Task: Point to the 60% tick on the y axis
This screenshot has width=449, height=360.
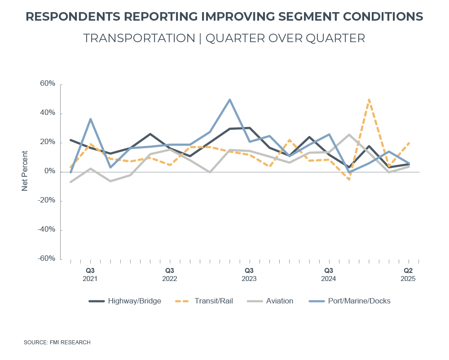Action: tap(47, 84)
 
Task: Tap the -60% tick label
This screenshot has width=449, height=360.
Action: tap(46, 259)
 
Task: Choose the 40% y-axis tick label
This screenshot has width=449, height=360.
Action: tap(47, 113)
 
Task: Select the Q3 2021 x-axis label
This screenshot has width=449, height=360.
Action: tap(90, 274)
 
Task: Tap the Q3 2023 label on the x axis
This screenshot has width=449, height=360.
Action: tap(249, 274)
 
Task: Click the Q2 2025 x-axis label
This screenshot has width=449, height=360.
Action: tap(408, 274)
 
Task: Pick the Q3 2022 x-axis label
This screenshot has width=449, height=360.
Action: tap(170, 274)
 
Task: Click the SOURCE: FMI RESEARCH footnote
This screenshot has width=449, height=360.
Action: tap(57, 342)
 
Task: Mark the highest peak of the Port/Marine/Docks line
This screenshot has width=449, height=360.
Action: tap(229, 100)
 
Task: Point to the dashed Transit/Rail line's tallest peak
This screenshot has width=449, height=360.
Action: tap(369, 100)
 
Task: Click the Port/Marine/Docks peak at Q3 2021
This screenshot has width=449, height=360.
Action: tap(90, 119)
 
